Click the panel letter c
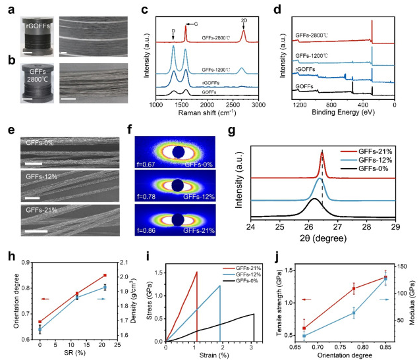(144, 9)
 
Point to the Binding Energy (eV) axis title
(344, 114)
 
